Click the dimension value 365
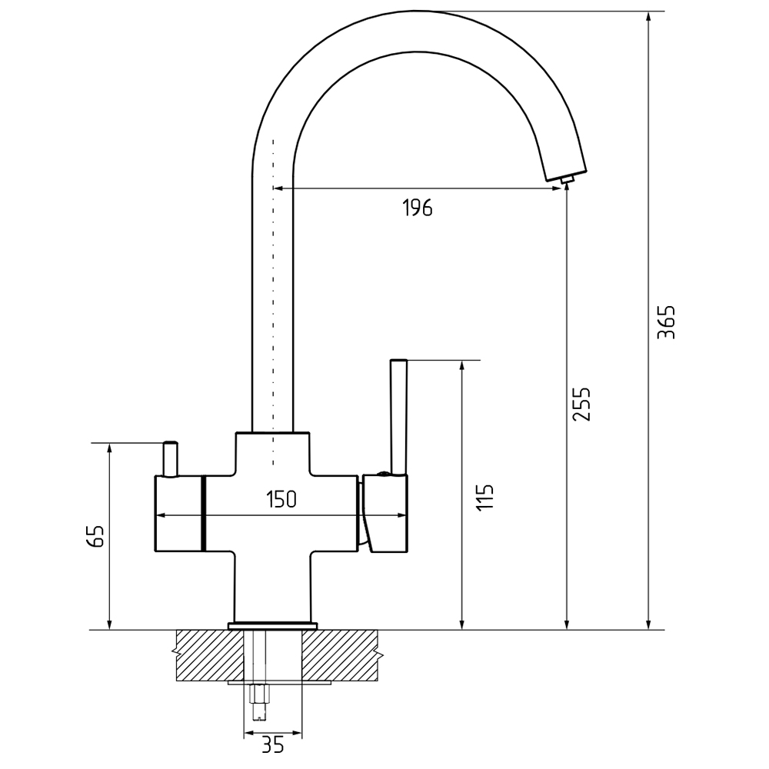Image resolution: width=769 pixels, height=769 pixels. pyautogui.click(x=667, y=322)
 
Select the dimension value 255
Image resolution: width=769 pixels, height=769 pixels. pyautogui.click(x=582, y=404)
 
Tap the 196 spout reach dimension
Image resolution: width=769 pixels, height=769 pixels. pyautogui.click(x=418, y=208)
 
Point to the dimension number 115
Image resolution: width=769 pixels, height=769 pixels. pyautogui.click(x=484, y=498)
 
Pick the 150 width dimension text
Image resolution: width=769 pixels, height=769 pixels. pyautogui.click(x=281, y=500)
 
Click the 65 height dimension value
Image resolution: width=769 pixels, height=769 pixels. pyautogui.click(x=95, y=536)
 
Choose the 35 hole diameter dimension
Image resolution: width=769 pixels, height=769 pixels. pyautogui.click(x=273, y=744)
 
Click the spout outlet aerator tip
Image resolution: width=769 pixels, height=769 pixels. pyautogui.click(x=568, y=180)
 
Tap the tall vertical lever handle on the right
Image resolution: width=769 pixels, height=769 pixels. pyautogui.click(x=398, y=415)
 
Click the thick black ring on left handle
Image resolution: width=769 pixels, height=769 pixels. pyautogui.click(x=203, y=514)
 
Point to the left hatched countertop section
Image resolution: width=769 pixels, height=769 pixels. pyautogui.click(x=203, y=654)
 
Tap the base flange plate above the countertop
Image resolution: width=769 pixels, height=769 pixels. pyautogui.click(x=272, y=625)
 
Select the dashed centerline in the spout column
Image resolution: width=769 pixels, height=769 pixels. pyautogui.click(x=273, y=308)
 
